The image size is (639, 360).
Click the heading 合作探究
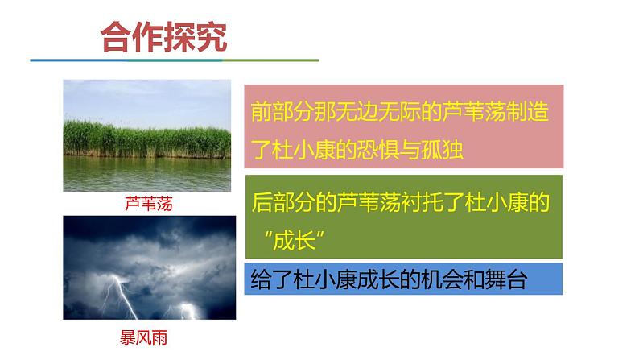163,36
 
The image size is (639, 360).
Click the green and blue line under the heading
174,60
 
